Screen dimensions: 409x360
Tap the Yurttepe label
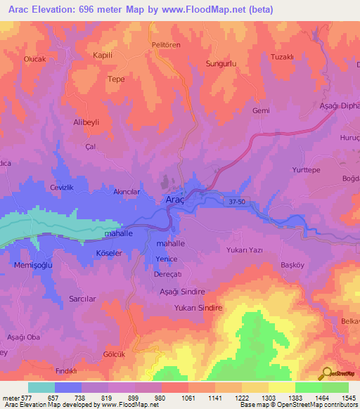click(x=306, y=170)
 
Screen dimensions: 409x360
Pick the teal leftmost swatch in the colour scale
click(x=41, y=387)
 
